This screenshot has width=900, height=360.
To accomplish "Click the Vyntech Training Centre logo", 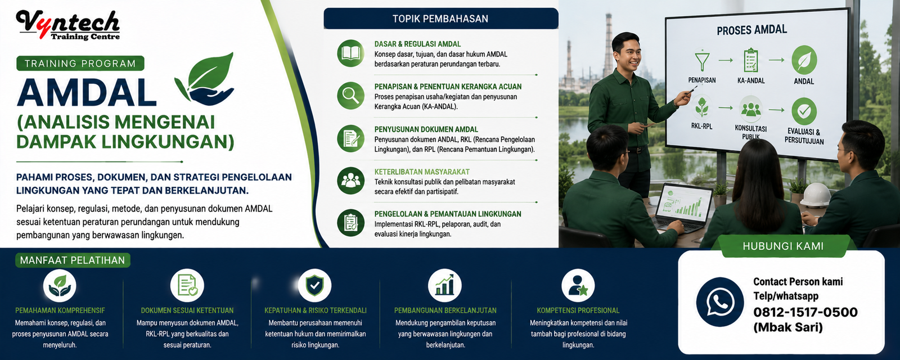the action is (68, 25).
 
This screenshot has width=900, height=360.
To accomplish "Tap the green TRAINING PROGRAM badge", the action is (80, 64).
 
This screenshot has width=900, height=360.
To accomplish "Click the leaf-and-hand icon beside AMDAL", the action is (205, 79).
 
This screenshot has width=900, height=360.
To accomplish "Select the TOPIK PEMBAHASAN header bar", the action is (441, 19).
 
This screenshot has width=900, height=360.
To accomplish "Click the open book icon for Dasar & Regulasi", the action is (351, 53).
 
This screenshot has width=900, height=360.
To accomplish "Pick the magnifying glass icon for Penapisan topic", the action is (351, 96).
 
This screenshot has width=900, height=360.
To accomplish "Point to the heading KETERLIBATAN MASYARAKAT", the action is (422, 172).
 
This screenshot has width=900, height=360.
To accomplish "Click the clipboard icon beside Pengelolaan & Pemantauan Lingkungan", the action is (351, 223).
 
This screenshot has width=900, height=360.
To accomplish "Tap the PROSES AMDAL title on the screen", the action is (751, 30).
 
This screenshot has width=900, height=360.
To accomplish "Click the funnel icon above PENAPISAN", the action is (702, 61).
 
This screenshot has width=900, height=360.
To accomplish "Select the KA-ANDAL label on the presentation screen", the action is (751, 81).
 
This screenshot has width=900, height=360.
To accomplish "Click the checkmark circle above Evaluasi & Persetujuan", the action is (804, 111).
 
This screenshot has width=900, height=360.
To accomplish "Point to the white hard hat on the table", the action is (815, 195).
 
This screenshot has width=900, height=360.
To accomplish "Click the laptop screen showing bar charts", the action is (683, 203).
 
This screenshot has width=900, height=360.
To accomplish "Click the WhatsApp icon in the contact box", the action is (720, 302).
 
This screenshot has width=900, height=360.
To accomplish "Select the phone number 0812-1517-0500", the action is (805, 312).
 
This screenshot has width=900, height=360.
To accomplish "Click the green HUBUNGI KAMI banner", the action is (783, 246).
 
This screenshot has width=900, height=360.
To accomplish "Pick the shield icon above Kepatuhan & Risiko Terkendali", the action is (314, 285).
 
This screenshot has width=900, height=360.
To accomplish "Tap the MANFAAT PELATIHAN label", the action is (73, 260).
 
